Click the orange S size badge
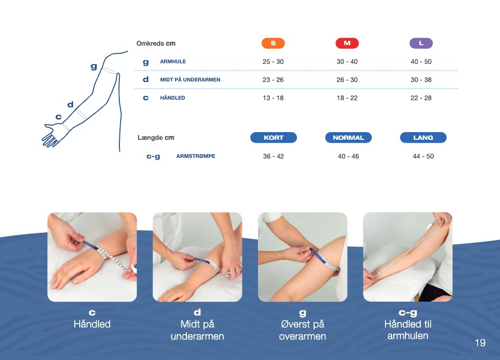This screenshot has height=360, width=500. pos(273,43)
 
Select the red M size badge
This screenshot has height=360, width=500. pos(347,43)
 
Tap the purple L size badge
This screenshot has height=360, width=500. pos(421,43)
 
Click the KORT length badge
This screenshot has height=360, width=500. pos(273,138)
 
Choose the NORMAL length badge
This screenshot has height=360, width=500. pos(348,138)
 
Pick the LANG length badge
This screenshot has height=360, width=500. pos(423,138)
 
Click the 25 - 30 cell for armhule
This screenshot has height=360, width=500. pos(273,62)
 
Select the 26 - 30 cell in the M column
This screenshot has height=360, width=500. pos(347,80)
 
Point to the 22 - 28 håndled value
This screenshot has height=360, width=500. pos(421,98)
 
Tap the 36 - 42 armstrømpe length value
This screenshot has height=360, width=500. pos(273,156)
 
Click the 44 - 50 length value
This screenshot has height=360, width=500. pos(423,156)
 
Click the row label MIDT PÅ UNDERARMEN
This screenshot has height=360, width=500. pos(190,80)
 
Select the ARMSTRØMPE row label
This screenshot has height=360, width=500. pos(196,156)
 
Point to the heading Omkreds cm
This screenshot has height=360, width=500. pos(156,43)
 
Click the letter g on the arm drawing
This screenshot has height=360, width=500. pos(94,67)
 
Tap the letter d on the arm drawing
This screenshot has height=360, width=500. pos(70,105)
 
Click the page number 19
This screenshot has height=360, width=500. pos(480,343)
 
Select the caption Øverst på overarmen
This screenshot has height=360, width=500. pos(303,330)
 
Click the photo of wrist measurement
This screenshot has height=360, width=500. pos(92,257)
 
